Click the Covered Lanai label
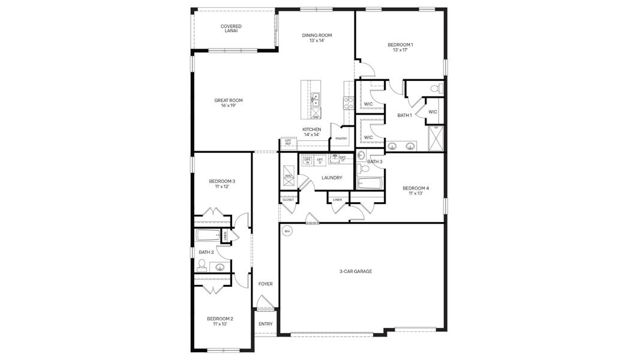pyautogui.click(x=231, y=28)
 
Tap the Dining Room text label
pyautogui.click(x=317, y=38)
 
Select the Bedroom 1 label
pyautogui.click(x=400, y=47)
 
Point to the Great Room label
pyautogui.click(x=229, y=103)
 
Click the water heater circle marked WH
pyautogui.click(x=287, y=231)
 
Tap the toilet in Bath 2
pyautogui.click(x=202, y=265)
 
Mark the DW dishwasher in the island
pyautogui.click(x=316, y=116)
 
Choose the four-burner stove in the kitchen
pyautogui.click(x=346, y=103)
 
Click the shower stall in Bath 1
pyautogui.click(x=436, y=137)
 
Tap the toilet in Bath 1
pyautogui.click(x=436, y=89)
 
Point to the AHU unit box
pyautogui.click(x=288, y=175)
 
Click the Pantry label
pyautogui.click(x=341, y=139)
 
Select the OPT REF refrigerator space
pyautogui.click(x=288, y=143)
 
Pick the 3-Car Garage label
pyautogui.click(x=356, y=272)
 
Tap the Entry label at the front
pyautogui.click(x=265, y=324)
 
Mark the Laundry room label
pyautogui.click(x=332, y=178)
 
